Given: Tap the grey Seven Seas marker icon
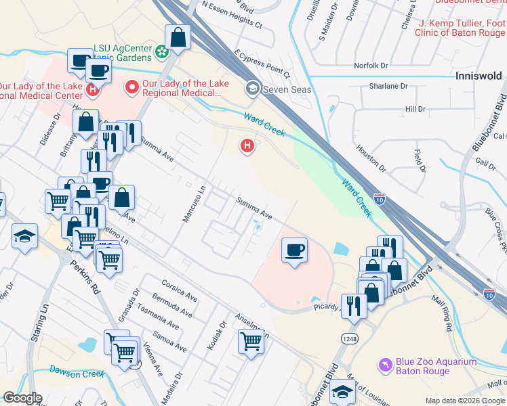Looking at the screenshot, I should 253,87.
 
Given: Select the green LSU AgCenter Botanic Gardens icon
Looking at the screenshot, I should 162,51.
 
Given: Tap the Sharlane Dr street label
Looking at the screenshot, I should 388,87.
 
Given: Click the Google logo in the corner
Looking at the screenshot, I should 22,398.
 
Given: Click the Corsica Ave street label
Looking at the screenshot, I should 179,292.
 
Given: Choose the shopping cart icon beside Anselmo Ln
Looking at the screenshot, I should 251,341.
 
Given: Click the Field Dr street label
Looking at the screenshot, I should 418,162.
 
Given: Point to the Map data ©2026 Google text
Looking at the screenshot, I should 465,401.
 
